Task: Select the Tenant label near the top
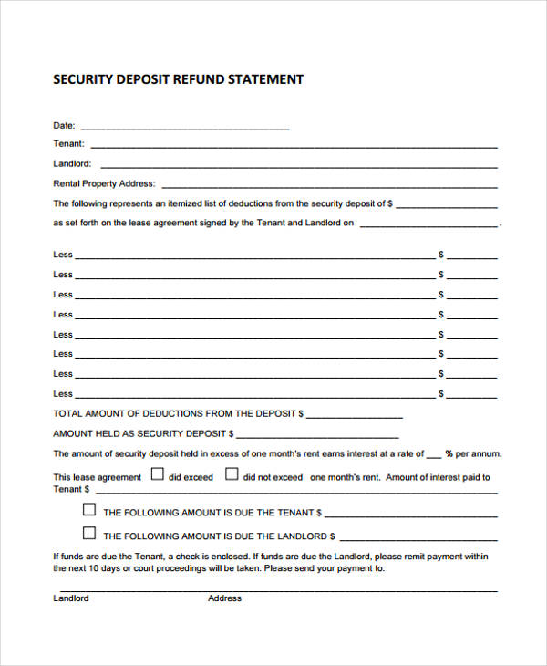68,144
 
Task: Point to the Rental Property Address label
104,183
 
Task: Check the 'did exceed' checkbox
157,474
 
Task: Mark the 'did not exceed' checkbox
232,474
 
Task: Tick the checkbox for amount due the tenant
89,510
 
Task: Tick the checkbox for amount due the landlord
89,534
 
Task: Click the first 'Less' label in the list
63,255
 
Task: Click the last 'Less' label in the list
63,394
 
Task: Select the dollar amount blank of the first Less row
471,257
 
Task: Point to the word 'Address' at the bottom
224,598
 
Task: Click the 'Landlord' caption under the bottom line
71,598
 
